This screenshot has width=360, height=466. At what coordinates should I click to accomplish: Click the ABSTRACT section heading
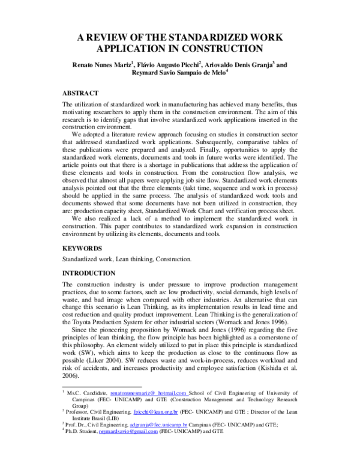(x=82, y=95)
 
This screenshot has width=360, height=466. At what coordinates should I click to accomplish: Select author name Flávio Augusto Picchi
(x=171, y=65)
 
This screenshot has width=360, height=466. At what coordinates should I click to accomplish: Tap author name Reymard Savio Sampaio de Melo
(x=178, y=75)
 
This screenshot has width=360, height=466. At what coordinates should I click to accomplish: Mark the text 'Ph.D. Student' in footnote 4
(x=82, y=448)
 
